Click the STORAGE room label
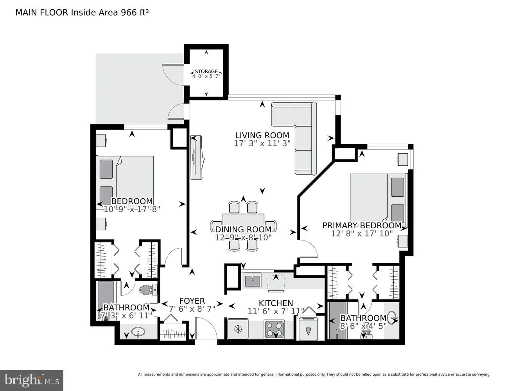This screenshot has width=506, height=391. pyautogui.click(x=206, y=72)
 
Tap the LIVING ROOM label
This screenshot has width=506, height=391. pyautogui.click(x=262, y=135)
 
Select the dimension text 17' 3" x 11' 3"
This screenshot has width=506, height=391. pyautogui.click(x=262, y=143)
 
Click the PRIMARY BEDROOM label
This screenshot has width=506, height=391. pyautogui.click(x=362, y=225)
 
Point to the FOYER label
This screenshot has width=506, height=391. pyautogui.click(x=192, y=301)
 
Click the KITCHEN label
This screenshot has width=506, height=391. pyautogui.click(x=276, y=303)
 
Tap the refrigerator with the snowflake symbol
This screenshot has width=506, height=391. pyautogui.click(x=237, y=329)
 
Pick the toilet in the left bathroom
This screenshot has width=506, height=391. pyautogui.click(x=148, y=290)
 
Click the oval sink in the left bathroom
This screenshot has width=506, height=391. pyautogui.click(x=137, y=333)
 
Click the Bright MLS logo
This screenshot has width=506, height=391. pyautogui.click(x=32, y=380)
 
